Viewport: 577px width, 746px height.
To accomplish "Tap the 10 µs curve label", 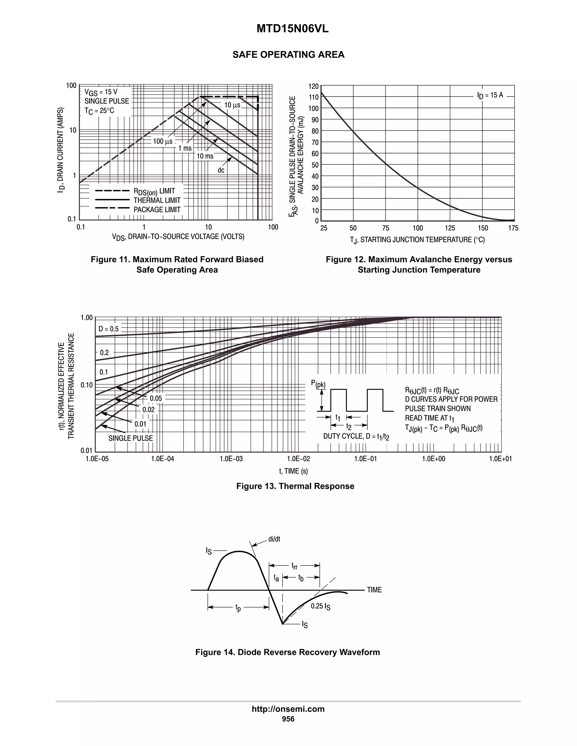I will (232, 105).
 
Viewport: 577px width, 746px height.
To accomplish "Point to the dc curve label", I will (221, 170).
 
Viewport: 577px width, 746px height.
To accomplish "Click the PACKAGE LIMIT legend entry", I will (157, 210).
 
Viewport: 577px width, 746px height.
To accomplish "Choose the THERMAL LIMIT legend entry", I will (157, 200).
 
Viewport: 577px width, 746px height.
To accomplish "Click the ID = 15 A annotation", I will (490, 95).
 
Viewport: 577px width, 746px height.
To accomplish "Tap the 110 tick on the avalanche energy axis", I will (314, 97).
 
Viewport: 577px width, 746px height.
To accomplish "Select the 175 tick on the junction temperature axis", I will (513, 228).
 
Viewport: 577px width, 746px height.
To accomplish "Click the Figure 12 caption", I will (419, 264).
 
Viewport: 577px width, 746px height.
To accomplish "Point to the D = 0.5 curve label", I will (109, 329).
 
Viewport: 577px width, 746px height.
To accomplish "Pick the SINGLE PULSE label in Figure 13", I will (130, 438).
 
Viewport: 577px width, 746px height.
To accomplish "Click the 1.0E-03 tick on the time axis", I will (231, 459).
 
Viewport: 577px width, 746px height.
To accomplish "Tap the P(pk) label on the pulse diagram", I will (318, 384).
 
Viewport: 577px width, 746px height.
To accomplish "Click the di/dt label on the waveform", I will (274, 539).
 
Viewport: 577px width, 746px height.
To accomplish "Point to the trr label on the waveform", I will (294, 566).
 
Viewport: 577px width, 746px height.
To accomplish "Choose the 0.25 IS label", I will (320, 606).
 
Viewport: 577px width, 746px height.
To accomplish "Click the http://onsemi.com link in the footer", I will (288, 709).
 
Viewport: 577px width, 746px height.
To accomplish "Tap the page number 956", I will (288, 719).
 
